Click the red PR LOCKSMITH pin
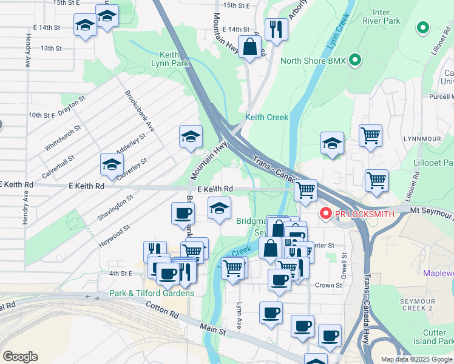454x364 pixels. click(x=325, y=213)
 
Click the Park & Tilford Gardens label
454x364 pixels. click(x=152, y=293)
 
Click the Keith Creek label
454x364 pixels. click(x=266, y=117)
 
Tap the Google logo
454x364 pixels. click(x=20, y=357)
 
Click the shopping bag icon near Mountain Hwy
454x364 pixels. click(x=250, y=46)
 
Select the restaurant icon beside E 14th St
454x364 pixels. click(x=276, y=28)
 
